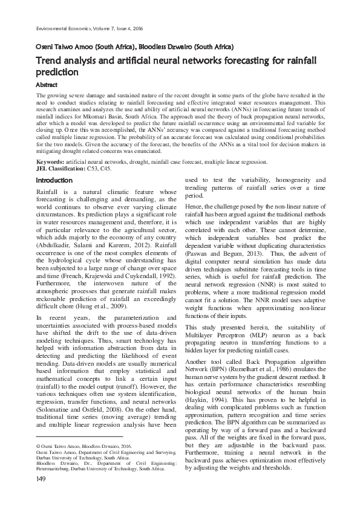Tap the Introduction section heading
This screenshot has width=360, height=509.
pyautogui.click(x=54, y=180)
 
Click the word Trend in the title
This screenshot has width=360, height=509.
pyautogui.click(x=51, y=61)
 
